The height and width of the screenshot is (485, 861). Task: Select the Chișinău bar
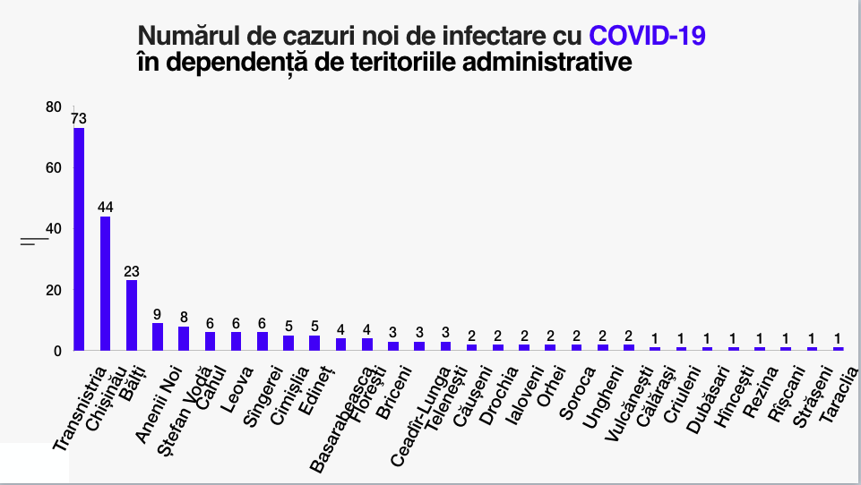click(x=105, y=283)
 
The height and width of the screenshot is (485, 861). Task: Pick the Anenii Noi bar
click(x=158, y=336)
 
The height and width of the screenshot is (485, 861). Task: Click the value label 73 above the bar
click(x=79, y=118)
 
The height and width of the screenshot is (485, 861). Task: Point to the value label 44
click(x=105, y=208)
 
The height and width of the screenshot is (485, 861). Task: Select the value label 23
click(x=132, y=271)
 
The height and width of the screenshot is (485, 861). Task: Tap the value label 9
click(x=158, y=314)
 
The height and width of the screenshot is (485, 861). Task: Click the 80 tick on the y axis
click(x=54, y=107)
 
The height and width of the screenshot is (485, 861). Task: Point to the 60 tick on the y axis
click(x=54, y=168)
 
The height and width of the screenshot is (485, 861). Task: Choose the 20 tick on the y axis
click(x=54, y=290)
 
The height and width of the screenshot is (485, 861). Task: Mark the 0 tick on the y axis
click(x=57, y=351)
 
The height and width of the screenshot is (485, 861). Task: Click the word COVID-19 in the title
click(x=648, y=37)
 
